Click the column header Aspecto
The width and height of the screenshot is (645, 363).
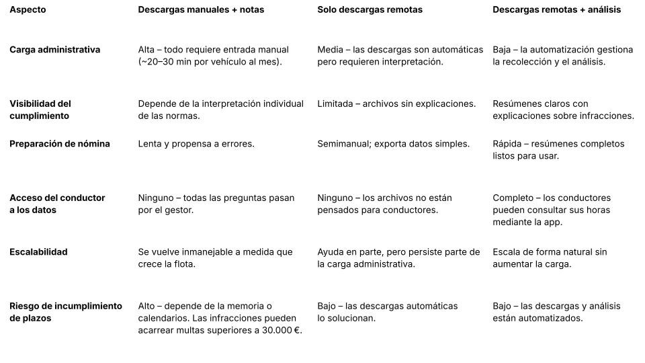(x=28, y=10)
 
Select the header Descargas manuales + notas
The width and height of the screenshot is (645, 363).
(x=201, y=10)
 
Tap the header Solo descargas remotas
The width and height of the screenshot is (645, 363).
(x=370, y=10)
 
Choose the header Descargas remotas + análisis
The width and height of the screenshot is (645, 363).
(x=556, y=10)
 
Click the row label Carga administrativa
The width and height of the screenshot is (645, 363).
(x=54, y=50)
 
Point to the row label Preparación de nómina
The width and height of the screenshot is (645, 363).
(x=59, y=144)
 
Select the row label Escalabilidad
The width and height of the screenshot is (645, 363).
(x=38, y=252)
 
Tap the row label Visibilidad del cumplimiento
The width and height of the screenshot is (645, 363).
(x=40, y=110)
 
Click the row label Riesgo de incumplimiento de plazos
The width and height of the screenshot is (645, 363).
(x=65, y=312)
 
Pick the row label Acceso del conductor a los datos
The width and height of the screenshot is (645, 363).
(x=57, y=204)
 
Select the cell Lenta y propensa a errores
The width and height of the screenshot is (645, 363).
(x=196, y=144)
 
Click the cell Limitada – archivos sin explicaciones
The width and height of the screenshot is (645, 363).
(x=396, y=104)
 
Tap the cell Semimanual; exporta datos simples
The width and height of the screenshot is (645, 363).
(x=393, y=144)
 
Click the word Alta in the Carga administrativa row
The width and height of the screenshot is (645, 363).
(x=147, y=50)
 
